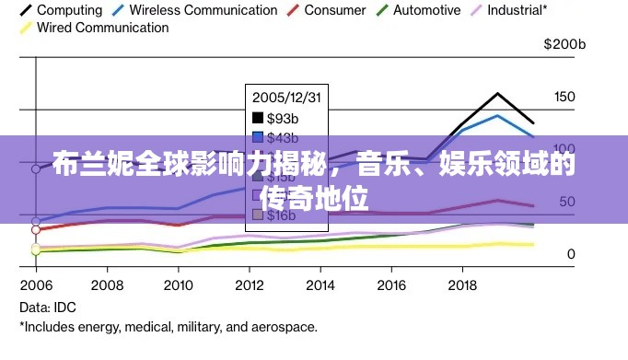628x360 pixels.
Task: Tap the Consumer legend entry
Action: (x=328, y=10)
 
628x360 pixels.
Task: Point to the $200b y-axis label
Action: (x=564, y=43)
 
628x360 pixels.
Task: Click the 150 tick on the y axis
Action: (x=564, y=97)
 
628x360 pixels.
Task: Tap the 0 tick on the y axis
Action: (x=571, y=253)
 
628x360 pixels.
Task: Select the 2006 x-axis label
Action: (x=36, y=285)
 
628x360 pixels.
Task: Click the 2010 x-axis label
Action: (x=178, y=285)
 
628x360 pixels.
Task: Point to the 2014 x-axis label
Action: (x=320, y=285)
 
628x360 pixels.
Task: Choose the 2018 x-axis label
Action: (x=461, y=285)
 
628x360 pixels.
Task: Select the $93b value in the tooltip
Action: (x=282, y=118)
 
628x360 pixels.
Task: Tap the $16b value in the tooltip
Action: (x=282, y=215)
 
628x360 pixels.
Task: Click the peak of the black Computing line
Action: (x=497, y=93)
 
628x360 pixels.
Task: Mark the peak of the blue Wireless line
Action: (x=497, y=115)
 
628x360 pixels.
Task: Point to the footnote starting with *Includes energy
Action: (x=169, y=327)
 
